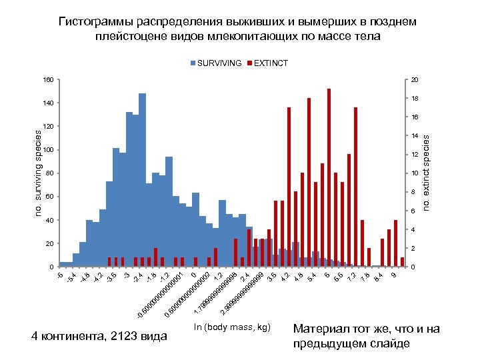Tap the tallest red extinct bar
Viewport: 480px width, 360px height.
point(329,177)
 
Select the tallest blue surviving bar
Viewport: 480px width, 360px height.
point(142,180)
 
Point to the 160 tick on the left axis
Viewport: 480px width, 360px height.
point(47,80)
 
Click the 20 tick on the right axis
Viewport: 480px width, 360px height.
point(415,80)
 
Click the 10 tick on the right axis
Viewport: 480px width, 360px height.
point(415,173)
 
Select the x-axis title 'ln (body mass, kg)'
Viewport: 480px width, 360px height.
point(232,327)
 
